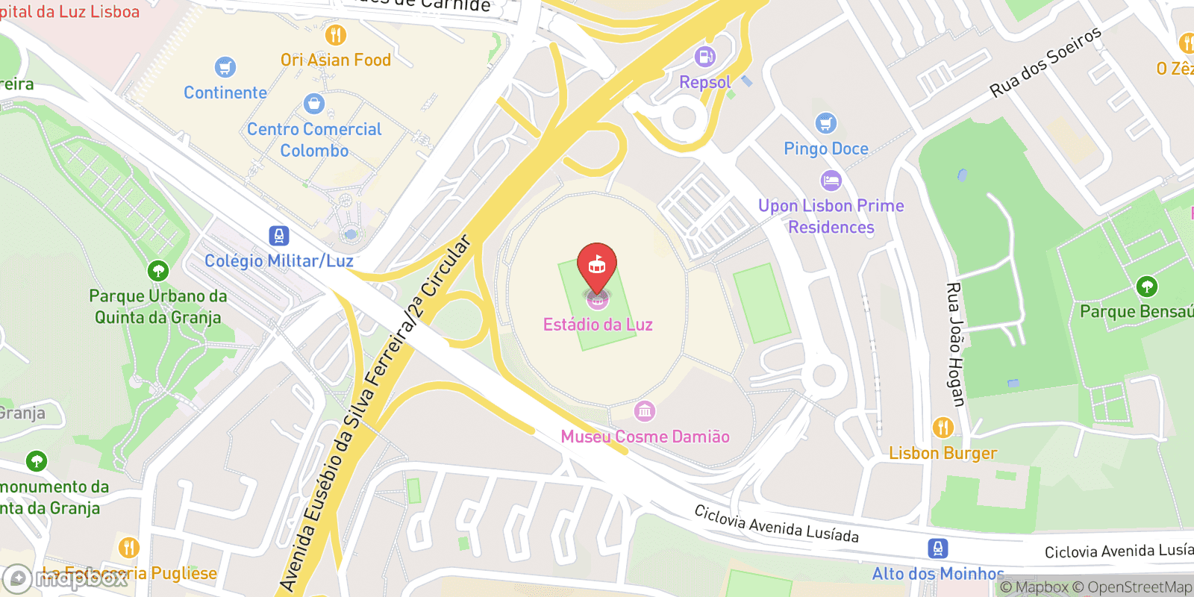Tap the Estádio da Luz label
[598, 325]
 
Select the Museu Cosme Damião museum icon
[645, 411]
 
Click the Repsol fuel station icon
[704, 57]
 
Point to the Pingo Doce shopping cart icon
[825, 122]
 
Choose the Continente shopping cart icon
[225, 67]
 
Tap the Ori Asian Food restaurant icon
[336, 35]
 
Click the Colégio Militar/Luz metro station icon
[279, 236]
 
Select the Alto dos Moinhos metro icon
[938, 548]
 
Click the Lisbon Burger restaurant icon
[943, 428]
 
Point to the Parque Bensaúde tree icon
[1147, 286]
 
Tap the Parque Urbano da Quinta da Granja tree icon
[157, 270]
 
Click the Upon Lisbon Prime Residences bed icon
[831, 181]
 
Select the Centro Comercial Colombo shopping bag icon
[314, 104]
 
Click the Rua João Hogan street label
[955, 344]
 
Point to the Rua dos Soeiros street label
[1045, 62]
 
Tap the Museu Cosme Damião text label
[646, 437]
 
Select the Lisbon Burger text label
[943, 453]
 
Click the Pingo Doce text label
[826, 149]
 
